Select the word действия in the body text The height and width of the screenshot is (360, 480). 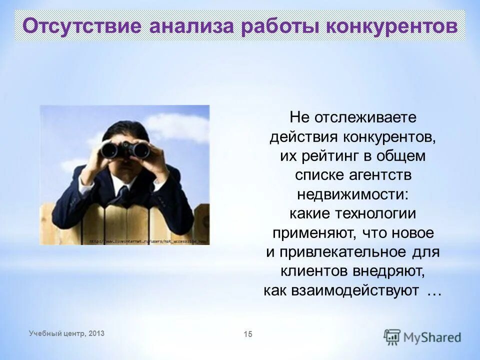coord(304,137)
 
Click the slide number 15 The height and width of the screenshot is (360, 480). coord(248,334)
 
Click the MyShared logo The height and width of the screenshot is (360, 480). coord(422,336)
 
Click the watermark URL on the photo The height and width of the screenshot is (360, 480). coord(148,240)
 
